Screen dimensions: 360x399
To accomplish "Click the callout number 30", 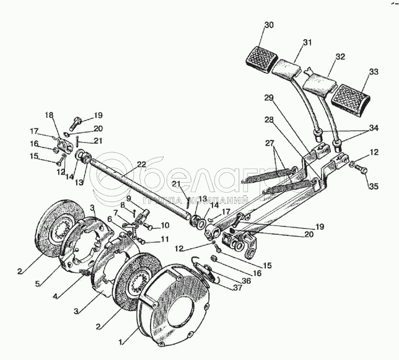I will click(268, 25).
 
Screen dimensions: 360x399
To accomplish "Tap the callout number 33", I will click(374, 72).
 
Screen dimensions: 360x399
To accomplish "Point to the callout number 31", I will click(307, 42).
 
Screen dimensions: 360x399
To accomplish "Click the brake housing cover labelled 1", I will click(173, 313).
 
